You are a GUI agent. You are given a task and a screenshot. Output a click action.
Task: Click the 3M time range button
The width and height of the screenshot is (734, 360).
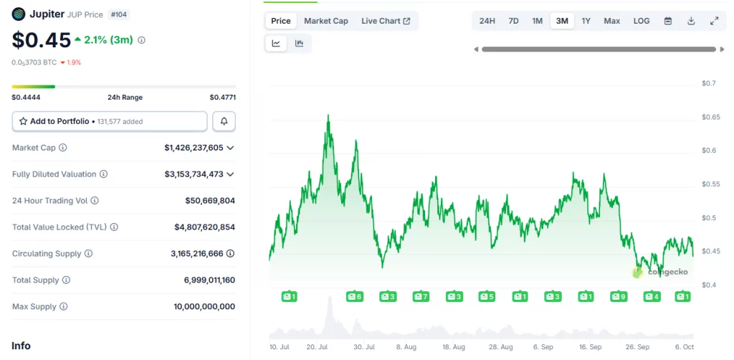pos(562,21)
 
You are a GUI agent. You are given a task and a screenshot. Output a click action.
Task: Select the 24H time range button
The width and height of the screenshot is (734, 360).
pos(487,21)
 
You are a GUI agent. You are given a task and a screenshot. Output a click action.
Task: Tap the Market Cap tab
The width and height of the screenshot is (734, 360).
pos(326,21)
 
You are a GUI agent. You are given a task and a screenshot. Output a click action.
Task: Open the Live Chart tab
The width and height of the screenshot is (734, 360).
pos(386,21)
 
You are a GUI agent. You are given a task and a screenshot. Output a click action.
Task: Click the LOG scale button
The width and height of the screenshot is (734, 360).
pos(642,21)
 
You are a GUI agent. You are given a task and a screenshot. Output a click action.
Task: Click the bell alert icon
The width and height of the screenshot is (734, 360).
pos(224,121)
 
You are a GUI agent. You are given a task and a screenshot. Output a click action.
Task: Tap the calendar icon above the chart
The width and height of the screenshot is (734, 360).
pos(668,21)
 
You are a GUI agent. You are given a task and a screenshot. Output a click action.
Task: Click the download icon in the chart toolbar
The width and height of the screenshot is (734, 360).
pos(691,21)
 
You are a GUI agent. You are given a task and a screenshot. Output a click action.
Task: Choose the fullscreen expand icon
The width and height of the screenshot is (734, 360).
pos(714,21)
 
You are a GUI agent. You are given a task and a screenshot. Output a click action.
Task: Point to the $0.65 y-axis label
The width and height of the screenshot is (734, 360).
pos(710,117)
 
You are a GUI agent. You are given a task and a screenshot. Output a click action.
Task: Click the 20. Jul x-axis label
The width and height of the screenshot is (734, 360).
pos(317,346)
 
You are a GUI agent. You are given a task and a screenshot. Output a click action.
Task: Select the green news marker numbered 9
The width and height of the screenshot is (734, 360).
pos(618,296)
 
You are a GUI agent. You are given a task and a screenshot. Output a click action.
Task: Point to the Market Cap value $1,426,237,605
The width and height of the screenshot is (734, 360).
pos(199,148)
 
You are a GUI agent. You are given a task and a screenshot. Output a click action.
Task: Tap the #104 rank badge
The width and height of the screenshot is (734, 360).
pos(118,14)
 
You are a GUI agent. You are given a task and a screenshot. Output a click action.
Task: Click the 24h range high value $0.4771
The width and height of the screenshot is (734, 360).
pos(222,97)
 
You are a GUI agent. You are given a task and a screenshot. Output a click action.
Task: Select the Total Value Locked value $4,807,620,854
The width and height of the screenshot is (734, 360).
pos(204,227)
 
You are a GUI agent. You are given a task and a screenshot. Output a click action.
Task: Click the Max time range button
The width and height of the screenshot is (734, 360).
pos(611,21)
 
